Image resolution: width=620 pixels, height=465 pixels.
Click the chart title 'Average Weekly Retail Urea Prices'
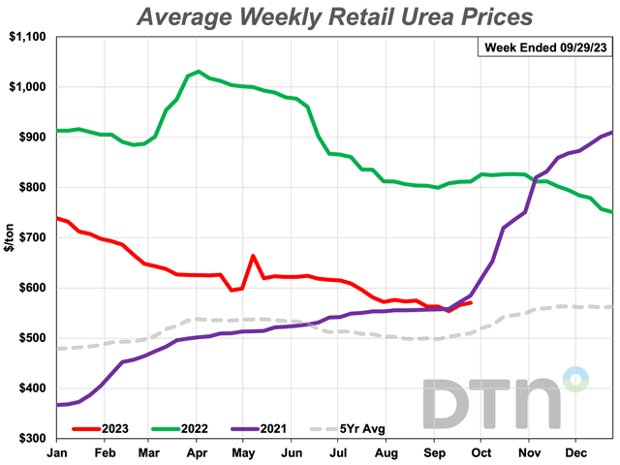coord(336,16)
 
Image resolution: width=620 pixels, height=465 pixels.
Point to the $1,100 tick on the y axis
coord(30,37)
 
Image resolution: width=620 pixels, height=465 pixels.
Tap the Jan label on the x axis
coord(57,451)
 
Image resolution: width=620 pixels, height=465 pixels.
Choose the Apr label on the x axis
coord(198,451)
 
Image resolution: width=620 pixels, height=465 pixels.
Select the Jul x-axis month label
coord(339,451)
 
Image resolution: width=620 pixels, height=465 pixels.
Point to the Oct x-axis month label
coord(480,451)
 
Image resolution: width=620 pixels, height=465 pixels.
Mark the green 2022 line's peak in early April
coord(198,71)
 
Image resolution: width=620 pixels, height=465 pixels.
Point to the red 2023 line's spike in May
coord(252,257)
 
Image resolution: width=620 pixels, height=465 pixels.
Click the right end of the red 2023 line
coord(471,303)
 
